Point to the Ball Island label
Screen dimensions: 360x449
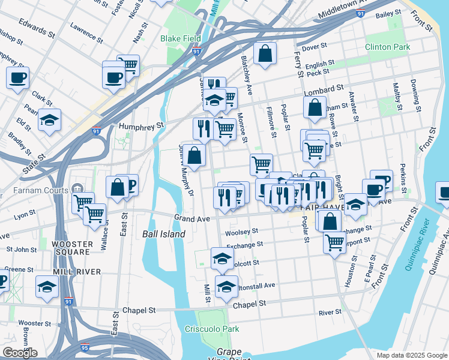click(163, 234)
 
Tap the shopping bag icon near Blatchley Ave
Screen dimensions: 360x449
click(264, 54)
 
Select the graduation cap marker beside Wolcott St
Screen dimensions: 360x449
click(222, 258)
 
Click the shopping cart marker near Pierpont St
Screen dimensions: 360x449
click(334, 242)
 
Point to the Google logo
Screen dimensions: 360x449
click(19, 353)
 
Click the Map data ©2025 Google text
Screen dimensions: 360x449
click(411, 355)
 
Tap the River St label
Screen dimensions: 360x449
click(330, 312)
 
